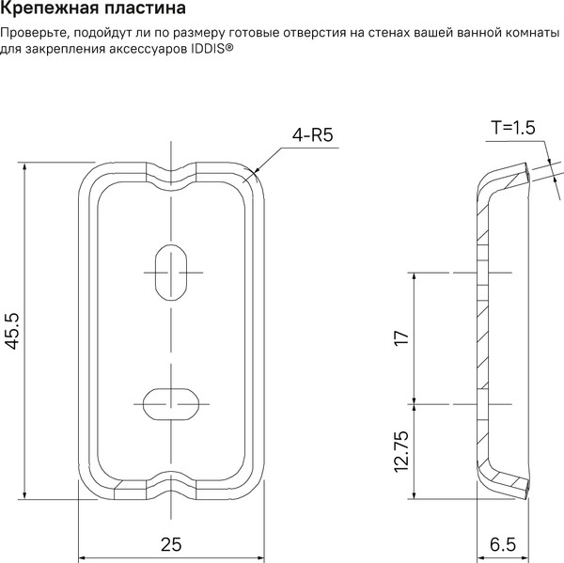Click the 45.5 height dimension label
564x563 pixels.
13,331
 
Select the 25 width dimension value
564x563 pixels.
171,544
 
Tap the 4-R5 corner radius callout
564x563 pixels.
312,135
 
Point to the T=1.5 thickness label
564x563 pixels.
513,128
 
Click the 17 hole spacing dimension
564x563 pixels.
401,338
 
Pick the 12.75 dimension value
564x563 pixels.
401,451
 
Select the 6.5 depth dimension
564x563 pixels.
503,544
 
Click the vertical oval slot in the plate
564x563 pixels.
171,273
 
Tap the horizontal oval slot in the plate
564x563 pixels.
171,404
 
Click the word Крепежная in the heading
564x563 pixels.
50,8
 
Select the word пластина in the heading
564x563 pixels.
146,8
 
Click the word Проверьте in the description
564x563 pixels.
33,34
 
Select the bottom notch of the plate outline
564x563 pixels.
171,485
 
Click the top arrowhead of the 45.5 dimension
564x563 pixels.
24,167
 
